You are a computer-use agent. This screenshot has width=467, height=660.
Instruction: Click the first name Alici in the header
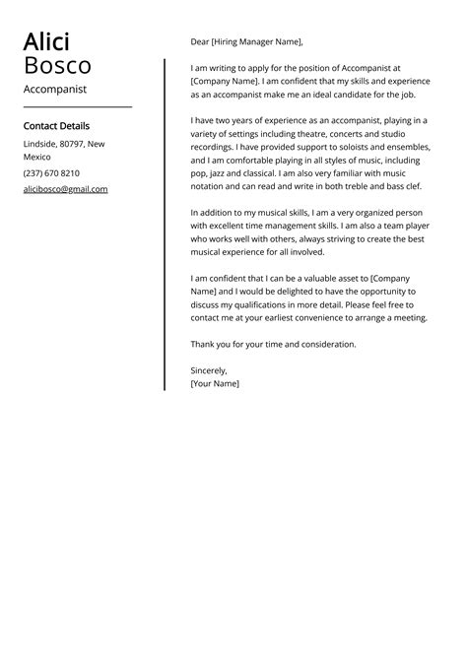46,42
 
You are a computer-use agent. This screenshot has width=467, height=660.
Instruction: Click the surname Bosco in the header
57,66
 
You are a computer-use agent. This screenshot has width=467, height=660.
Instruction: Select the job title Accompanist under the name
55,89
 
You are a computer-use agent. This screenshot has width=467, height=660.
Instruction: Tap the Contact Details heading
56,126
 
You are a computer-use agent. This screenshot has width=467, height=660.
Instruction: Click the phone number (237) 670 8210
51,172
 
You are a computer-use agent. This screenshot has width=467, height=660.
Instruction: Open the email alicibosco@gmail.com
65,188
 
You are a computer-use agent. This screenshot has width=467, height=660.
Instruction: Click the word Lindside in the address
39,144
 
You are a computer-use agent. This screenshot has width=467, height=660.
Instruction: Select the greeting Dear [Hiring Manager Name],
246,41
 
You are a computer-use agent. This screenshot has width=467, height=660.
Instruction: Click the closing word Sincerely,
209,369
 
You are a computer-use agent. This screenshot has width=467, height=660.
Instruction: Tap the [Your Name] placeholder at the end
215,383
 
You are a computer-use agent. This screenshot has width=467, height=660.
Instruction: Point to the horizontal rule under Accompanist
77,106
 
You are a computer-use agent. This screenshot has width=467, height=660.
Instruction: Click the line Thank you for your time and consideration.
273,344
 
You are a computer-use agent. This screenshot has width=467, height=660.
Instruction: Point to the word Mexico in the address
37,157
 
